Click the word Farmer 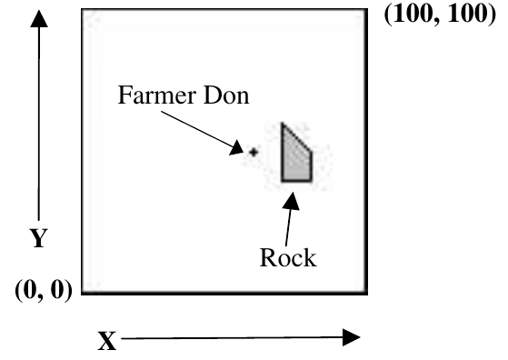point(157,95)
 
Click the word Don point(226,95)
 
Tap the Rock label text point(288,258)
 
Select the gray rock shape point(294,159)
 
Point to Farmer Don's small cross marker point(254,152)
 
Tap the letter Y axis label point(39,238)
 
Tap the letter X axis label point(107,341)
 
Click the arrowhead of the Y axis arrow point(39,18)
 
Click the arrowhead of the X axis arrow point(352,337)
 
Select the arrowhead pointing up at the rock point(291,201)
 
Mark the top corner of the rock point(283,124)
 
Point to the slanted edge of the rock point(297,137)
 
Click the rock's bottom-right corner point(312,181)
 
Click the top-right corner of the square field point(366,10)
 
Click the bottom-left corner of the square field point(83,294)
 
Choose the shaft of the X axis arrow point(232,338)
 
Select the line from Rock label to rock point(288,228)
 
